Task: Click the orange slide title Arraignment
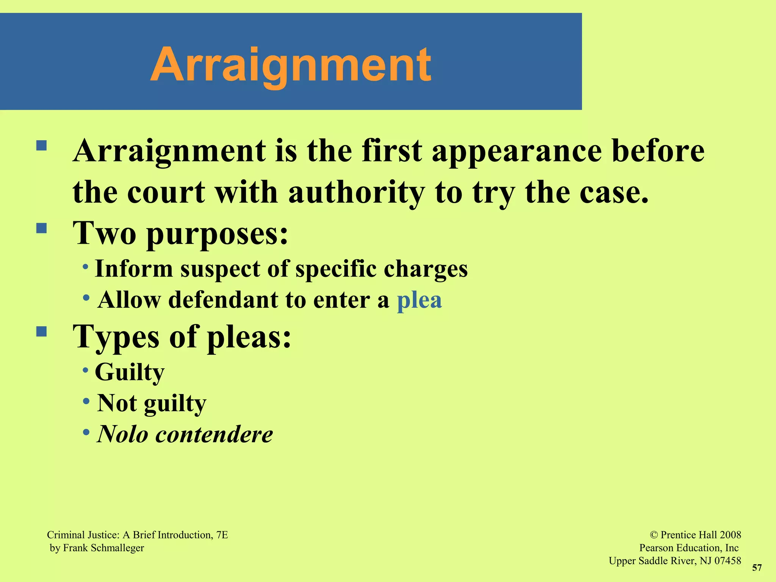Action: [291, 64]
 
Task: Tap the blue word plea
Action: [419, 300]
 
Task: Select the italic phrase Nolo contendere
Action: [185, 434]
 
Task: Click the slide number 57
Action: [757, 568]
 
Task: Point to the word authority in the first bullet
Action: [356, 192]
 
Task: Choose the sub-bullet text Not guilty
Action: [152, 403]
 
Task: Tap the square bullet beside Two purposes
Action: [41, 228]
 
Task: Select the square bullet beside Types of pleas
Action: [41, 332]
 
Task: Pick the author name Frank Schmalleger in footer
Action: [103, 548]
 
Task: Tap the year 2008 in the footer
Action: [730, 535]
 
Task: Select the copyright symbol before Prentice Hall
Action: [653, 535]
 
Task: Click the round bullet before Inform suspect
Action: [86, 267]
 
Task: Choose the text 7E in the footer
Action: [222, 535]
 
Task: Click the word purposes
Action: [217, 234]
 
